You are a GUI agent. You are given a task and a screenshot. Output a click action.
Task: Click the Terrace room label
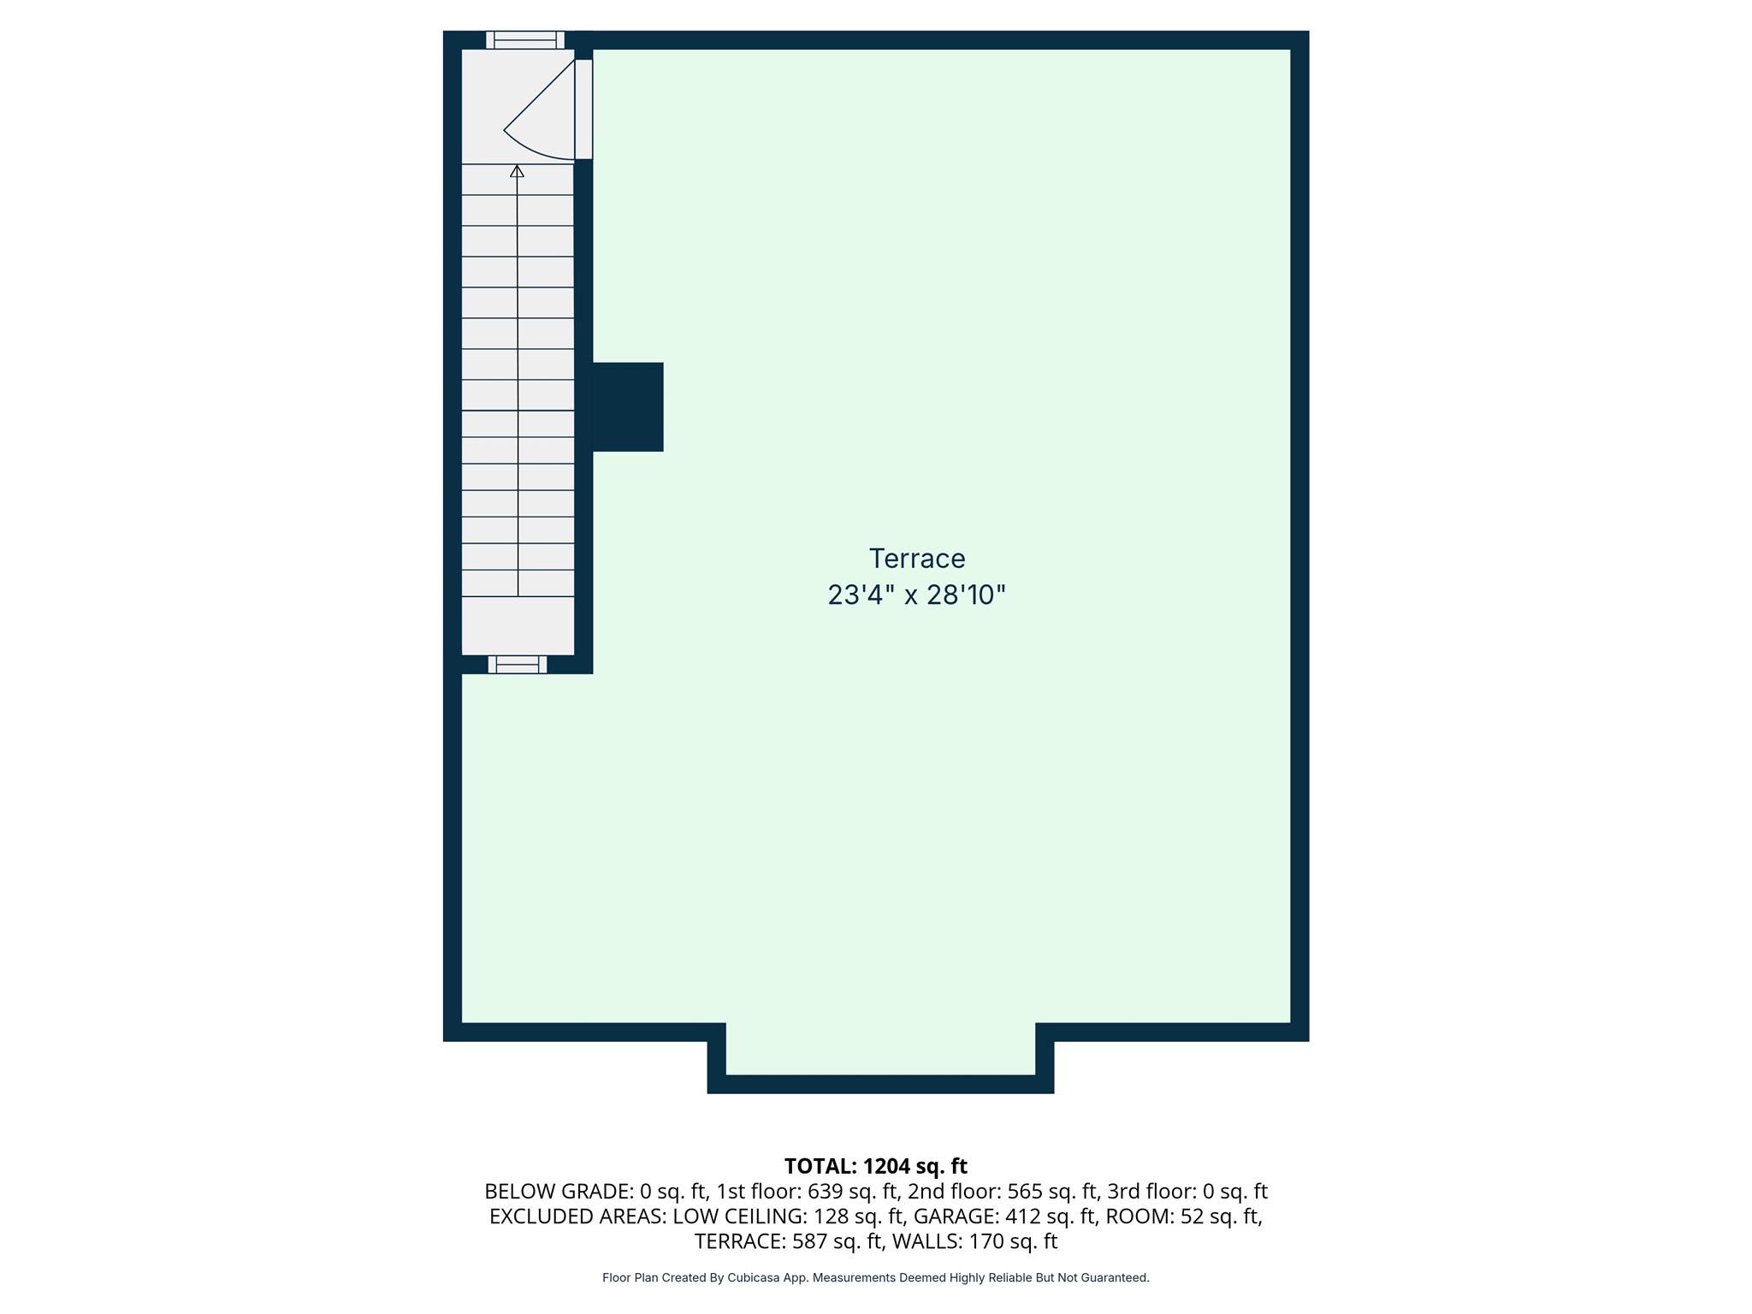917,559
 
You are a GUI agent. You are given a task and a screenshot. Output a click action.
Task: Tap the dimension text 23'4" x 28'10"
916,595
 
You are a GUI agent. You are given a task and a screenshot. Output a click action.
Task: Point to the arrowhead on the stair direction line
517,172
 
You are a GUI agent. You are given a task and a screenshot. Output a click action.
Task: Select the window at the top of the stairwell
525,40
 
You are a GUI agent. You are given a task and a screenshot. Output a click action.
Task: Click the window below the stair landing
518,665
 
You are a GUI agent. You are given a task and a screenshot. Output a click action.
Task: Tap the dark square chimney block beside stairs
627,406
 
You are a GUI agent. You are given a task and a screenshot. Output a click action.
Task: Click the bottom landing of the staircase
518,624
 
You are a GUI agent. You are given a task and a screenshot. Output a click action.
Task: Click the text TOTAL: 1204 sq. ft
875,1166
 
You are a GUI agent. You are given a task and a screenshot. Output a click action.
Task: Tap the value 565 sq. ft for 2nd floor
1052,1191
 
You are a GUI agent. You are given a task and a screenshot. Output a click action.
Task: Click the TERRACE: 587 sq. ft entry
787,1240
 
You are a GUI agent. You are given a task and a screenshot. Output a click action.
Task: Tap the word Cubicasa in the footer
753,1277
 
